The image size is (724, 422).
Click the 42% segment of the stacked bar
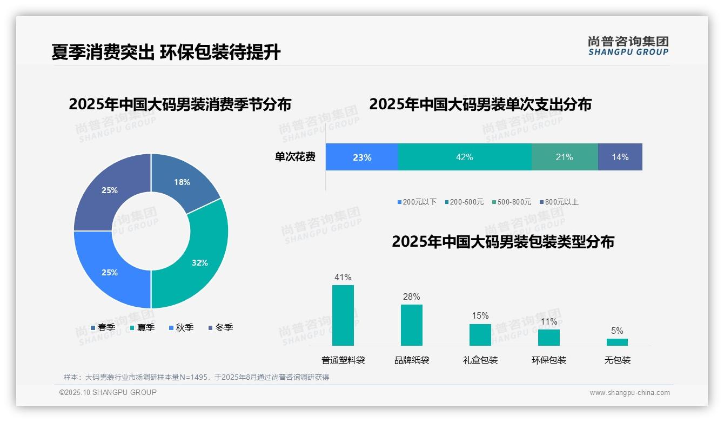[x=465, y=157]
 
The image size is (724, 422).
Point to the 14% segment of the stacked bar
[x=620, y=157]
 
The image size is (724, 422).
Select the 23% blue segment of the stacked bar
[x=362, y=157]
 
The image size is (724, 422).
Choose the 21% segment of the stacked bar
[x=565, y=157]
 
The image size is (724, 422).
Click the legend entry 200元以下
[x=417, y=202]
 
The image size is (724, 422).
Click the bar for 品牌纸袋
[x=412, y=325]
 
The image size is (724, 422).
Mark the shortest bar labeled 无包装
[x=617, y=342]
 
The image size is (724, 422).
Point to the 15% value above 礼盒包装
[x=480, y=315]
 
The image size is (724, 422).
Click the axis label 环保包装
[x=549, y=360]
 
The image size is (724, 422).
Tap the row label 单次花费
[x=295, y=157]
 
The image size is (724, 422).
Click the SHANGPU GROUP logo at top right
[x=628, y=46]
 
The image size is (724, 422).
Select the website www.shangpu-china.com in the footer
[x=629, y=393]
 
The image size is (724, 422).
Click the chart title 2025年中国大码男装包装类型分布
[x=503, y=242]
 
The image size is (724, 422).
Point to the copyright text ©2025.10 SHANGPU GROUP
[x=108, y=392]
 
